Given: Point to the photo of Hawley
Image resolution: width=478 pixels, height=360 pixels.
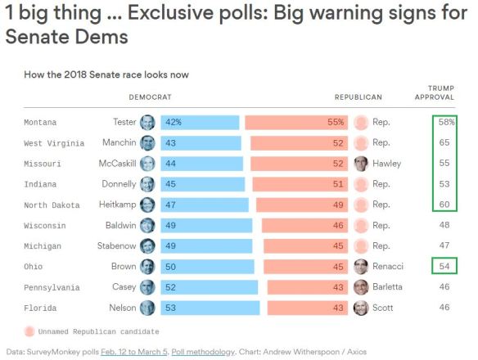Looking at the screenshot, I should tap(361, 164).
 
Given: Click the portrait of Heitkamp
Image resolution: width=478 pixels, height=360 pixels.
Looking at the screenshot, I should tap(147, 205).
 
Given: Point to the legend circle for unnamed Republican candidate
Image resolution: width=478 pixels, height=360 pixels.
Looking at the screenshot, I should tap(30, 331).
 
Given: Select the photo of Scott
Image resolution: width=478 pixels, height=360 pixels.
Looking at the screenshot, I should tap(361, 308).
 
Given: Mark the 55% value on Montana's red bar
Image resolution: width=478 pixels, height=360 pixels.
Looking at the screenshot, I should tap(335, 122).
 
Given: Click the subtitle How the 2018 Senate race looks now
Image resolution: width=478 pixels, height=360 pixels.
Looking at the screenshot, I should tap(107, 74).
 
